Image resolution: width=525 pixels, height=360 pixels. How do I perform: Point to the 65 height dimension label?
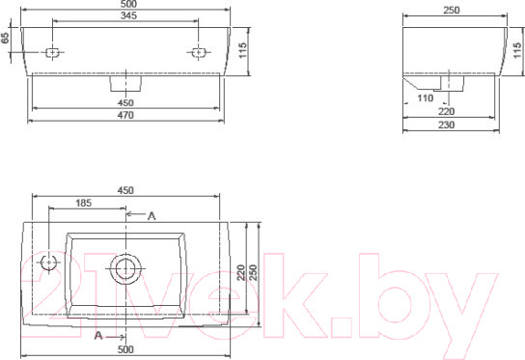pos(6,38)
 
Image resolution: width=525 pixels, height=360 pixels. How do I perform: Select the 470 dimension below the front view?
pos(125,115)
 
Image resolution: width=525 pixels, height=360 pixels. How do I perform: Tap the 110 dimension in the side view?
pos(425,97)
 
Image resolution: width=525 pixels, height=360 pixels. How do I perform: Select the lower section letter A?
pos(98,335)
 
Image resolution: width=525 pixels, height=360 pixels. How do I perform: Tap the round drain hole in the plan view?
pos(125,267)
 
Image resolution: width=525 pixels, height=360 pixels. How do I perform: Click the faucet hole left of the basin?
pos(48,263)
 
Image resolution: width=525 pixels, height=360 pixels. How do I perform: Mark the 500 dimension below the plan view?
pos(125,348)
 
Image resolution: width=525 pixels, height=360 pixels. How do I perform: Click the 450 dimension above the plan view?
pos(125,190)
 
